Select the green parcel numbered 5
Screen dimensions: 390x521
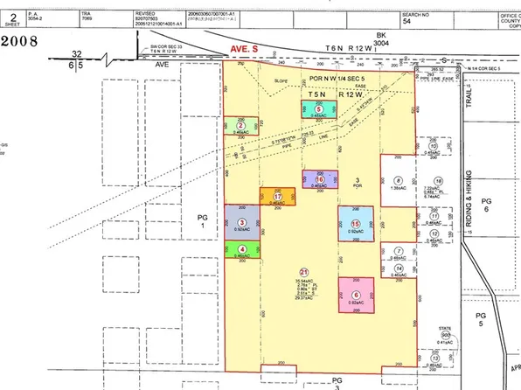tap(319, 109)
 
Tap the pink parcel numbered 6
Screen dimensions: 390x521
tap(356, 296)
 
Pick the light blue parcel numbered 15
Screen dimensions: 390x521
tap(356, 225)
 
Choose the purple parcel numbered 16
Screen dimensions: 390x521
tap(320, 180)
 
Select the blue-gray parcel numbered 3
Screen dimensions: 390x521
tap(241, 223)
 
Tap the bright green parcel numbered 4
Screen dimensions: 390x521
tap(241, 250)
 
